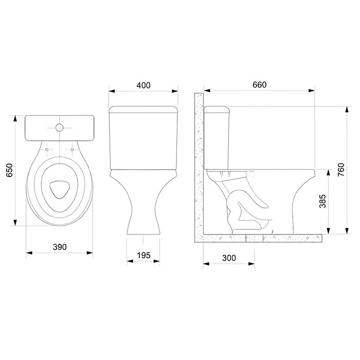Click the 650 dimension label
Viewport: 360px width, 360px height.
(x=9, y=170)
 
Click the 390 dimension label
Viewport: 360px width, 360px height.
(x=60, y=247)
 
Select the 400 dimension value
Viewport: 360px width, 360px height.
(x=143, y=85)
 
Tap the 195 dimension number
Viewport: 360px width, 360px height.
(x=143, y=255)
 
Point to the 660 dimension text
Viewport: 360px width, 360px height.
(x=260, y=85)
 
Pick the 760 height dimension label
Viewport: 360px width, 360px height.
(x=341, y=170)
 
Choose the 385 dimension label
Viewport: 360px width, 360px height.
(x=322, y=202)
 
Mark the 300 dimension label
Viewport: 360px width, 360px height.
(x=229, y=258)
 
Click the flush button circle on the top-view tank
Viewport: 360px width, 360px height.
(x=60, y=128)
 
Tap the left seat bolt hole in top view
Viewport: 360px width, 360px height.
(x=47, y=150)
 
